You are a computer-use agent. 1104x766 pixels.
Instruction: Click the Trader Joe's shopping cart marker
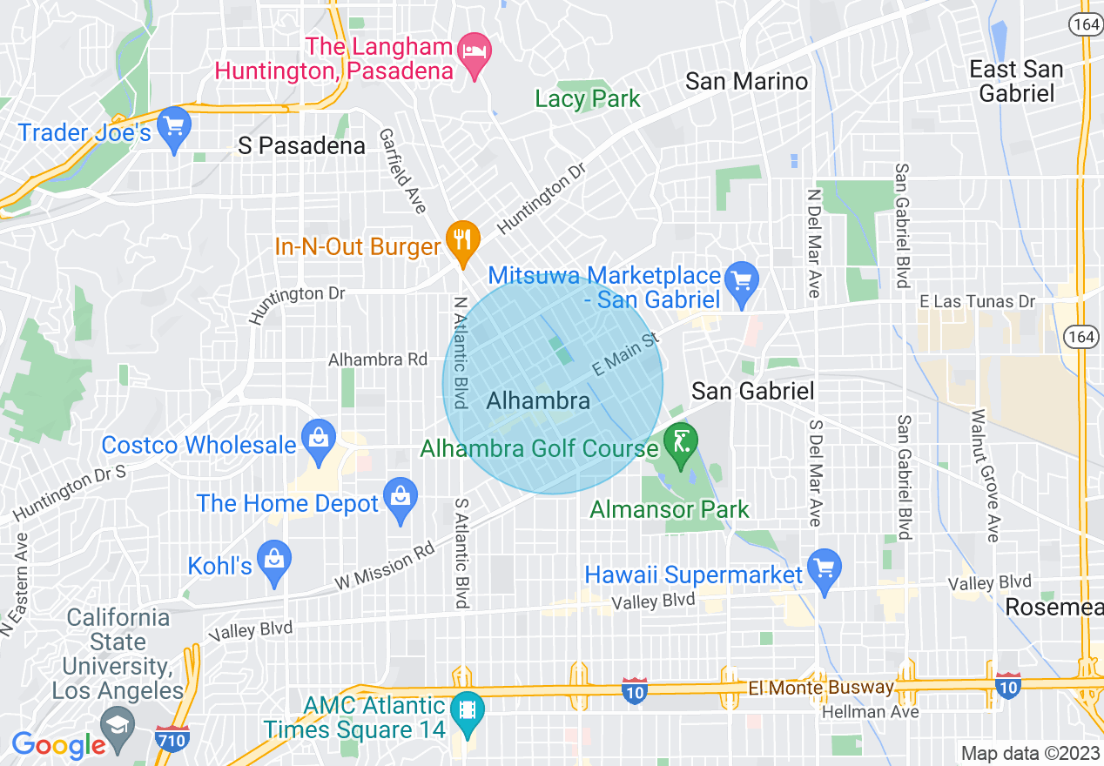pyautogui.click(x=174, y=127)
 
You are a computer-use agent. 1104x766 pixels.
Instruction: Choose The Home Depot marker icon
pyautogui.click(x=401, y=498)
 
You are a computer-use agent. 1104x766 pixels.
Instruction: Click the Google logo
pyautogui.click(x=58, y=745)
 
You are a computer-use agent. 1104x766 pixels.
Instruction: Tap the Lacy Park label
pyautogui.click(x=588, y=99)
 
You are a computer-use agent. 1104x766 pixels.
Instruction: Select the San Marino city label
pyautogui.click(x=747, y=82)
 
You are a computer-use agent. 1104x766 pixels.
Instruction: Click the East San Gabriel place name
pyautogui.click(x=1016, y=81)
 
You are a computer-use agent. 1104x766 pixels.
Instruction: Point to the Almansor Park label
pyautogui.click(x=669, y=509)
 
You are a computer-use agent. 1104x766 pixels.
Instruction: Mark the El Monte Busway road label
pyautogui.click(x=821, y=688)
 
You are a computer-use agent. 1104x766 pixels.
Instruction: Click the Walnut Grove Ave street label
pyautogui.click(x=983, y=476)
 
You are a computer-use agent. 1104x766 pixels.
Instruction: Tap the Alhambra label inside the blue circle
pyautogui.click(x=538, y=401)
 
